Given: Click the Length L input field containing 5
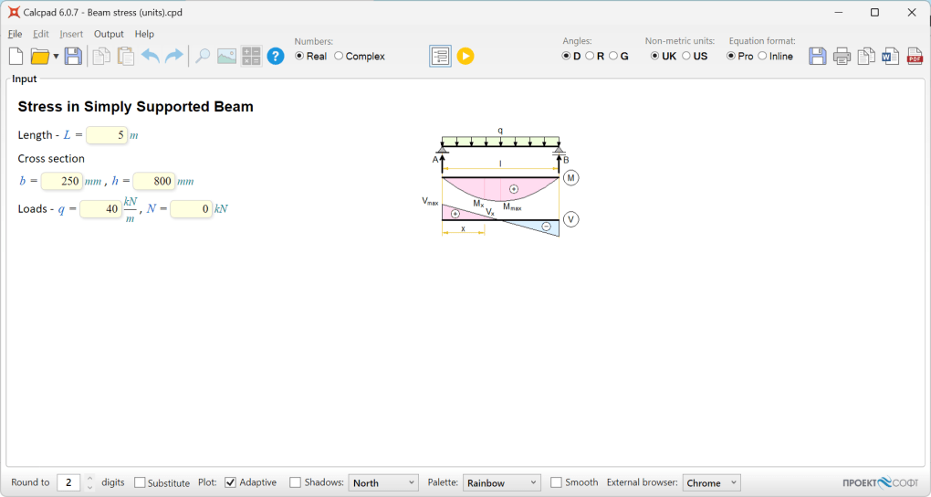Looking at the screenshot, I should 107,135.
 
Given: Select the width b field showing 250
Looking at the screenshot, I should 62,181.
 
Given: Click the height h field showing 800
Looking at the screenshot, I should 153,181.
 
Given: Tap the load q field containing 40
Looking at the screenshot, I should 100,209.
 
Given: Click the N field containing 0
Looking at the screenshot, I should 191,209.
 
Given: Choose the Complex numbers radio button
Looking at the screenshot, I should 340,56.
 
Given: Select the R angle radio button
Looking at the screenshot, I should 590,56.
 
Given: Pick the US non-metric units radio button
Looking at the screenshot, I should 686,56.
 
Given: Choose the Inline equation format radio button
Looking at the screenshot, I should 762,56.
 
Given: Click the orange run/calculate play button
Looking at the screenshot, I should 465,56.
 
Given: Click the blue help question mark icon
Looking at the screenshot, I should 276,56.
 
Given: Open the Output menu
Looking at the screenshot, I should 109,34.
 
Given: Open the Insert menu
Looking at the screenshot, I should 71,34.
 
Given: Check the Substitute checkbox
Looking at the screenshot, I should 140,482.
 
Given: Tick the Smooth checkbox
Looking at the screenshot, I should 557,482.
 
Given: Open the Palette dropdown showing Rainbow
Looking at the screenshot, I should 502,482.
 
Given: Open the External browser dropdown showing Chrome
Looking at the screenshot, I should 711,482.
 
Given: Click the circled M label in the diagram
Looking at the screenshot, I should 571,177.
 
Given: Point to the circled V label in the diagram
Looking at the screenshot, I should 571,219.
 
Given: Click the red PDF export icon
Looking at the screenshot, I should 915,56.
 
